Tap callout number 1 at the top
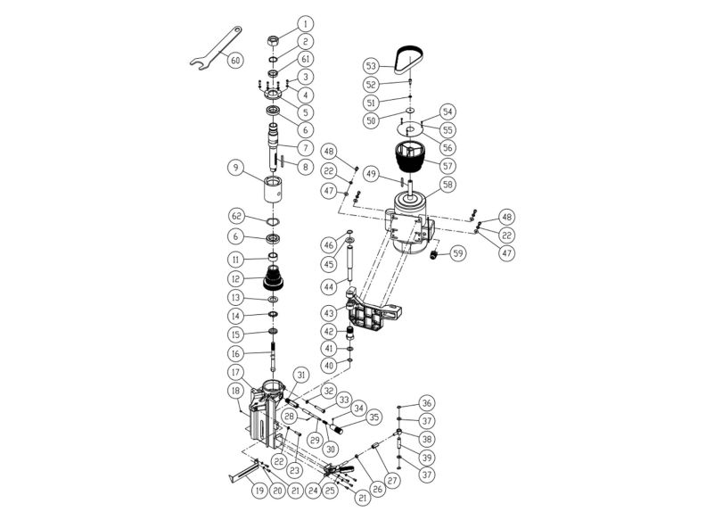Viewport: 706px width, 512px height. coord(305,23)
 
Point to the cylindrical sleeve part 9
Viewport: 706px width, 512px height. coord(273,189)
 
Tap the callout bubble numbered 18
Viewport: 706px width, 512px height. coord(235,390)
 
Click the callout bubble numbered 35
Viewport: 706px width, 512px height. coord(374,417)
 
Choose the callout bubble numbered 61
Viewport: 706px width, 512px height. coord(305,59)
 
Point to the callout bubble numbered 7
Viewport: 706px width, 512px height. coord(305,147)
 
